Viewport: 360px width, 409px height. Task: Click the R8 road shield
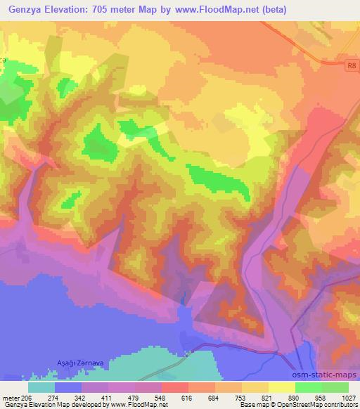[x=352, y=66]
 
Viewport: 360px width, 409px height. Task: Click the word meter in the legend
[x=10, y=398]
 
